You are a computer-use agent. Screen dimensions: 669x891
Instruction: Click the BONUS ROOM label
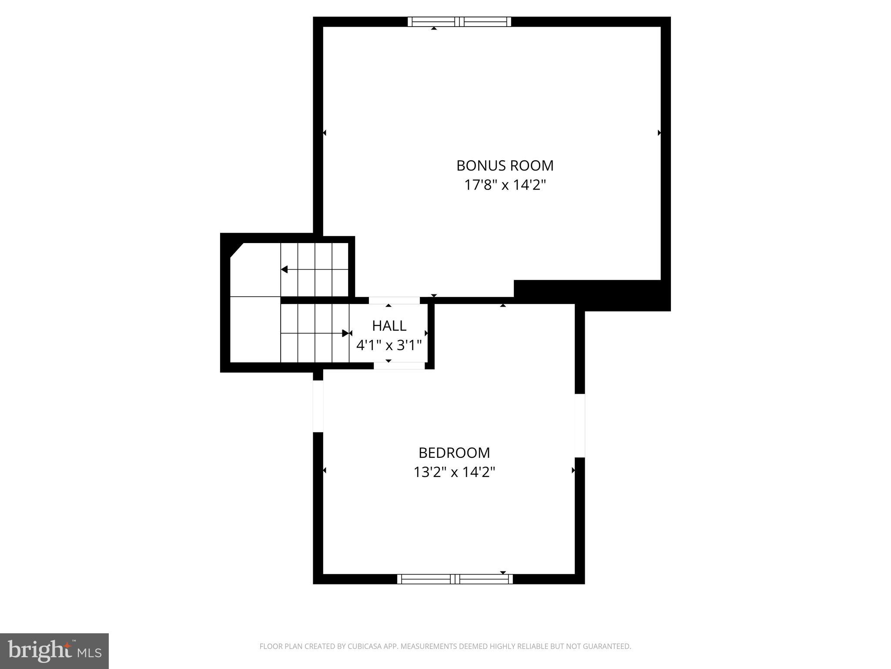505,166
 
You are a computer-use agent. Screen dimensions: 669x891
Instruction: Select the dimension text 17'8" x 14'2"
505,185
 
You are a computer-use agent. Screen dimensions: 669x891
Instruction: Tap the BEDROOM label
454,453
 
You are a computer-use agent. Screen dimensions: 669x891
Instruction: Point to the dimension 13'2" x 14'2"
454,472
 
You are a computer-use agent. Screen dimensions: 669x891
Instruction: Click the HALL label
389,325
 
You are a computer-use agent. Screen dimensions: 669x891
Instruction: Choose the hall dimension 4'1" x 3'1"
389,345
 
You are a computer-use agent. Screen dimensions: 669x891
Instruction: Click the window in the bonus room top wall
459,22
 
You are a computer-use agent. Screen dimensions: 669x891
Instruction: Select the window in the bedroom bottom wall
455,579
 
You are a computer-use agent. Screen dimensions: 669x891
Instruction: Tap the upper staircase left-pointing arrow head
285,270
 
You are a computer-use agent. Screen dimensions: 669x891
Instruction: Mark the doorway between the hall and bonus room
394,301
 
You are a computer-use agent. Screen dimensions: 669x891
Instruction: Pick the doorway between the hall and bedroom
399,366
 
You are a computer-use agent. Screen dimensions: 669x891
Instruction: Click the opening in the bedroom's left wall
318,406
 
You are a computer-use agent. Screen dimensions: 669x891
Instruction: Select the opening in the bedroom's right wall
580,426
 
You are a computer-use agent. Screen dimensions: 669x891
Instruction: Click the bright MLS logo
54,651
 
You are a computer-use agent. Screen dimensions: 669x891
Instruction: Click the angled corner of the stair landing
236,250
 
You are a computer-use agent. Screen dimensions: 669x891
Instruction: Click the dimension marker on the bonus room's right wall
660,133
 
